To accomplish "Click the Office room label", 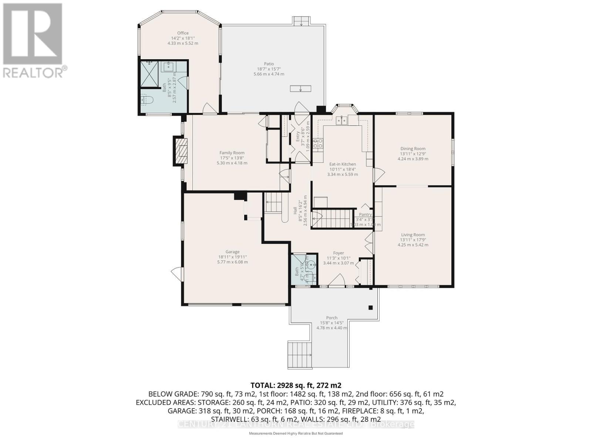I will click(183, 33).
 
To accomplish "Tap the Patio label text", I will click(269, 64).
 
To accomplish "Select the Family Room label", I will click(232, 153).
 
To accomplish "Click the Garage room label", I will click(232, 252).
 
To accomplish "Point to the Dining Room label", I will click(413, 149).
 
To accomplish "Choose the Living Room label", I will click(413, 235).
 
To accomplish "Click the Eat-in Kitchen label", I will click(342, 164).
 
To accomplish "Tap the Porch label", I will click(332, 318).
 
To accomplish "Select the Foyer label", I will click(338, 253).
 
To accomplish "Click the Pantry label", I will click(365, 215).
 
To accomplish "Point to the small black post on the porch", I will click(370, 307).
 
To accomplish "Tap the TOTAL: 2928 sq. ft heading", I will click(296, 385).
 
